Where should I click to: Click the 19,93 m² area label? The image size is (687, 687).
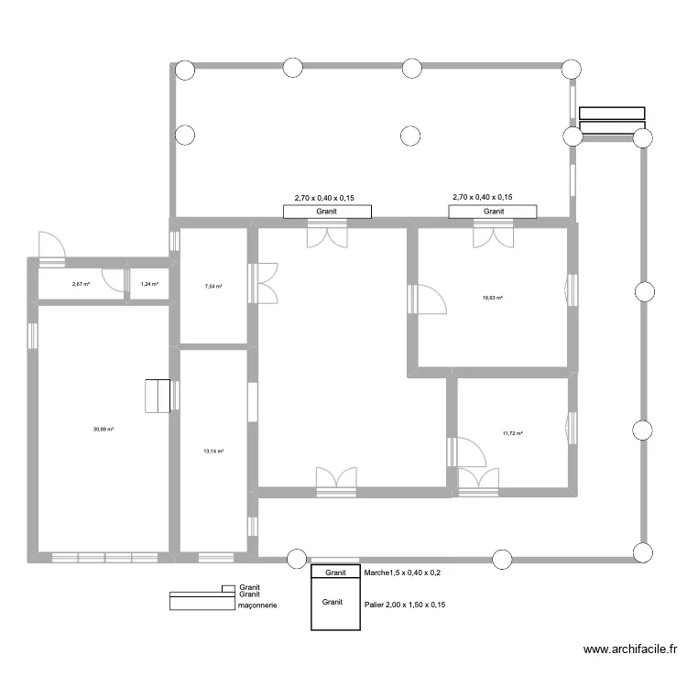point(494,298)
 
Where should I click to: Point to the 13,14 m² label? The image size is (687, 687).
point(213,451)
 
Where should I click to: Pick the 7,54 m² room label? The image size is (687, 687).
point(213,286)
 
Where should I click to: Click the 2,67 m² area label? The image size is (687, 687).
point(82,284)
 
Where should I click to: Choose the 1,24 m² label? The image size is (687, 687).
point(149,284)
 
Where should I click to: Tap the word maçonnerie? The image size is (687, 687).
point(257,605)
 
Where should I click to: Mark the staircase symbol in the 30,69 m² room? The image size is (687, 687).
point(158,395)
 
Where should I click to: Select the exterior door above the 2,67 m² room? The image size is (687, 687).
point(50,248)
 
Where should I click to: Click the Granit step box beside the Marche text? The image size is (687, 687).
point(336,572)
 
